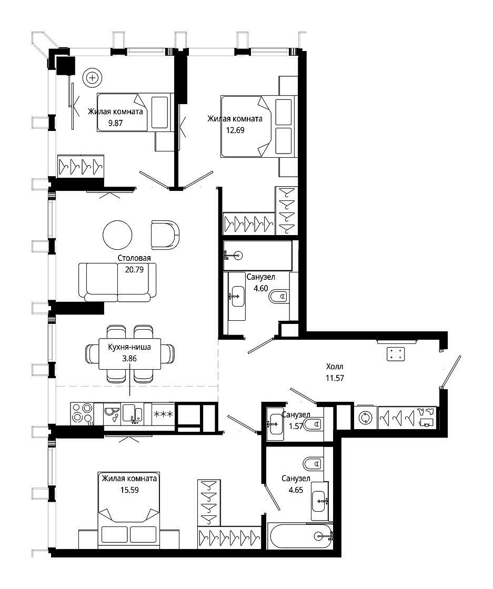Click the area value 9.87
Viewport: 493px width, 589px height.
pyautogui.click(x=115, y=123)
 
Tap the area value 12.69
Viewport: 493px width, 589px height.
pyautogui.click(x=235, y=130)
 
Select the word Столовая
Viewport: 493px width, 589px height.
pyautogui.click(x=134, y=258)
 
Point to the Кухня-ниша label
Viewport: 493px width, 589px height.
pyautogui.click(x=129, y=347)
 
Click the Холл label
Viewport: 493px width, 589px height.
pyautogui.click(x=335, y=367)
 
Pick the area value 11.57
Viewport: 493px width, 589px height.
pyautogui.click(x=335, y=378)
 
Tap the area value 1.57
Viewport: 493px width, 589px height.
pyautogui.click(x=296, y=426)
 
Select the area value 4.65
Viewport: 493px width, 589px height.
pyautogui.click(x=296, y=490)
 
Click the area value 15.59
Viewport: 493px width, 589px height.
pyautogui.click(x=129, y=490)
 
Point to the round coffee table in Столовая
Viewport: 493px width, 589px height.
pyautogui.click(x=118, y=235)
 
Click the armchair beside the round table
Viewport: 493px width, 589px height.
pyautogui.click(x=165, y=235)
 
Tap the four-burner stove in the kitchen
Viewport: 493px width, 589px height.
pyautogui.click(x=82, y=414)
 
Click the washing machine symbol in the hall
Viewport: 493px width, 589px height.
pyautogui.click(x=365, y=418)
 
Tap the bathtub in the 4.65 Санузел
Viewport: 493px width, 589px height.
pyautogui.click(x=300, y=536)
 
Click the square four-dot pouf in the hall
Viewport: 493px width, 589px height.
pyautogui.click(x=396, y=354)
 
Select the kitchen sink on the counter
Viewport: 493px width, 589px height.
pyautogui.click(x=132, y=414)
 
